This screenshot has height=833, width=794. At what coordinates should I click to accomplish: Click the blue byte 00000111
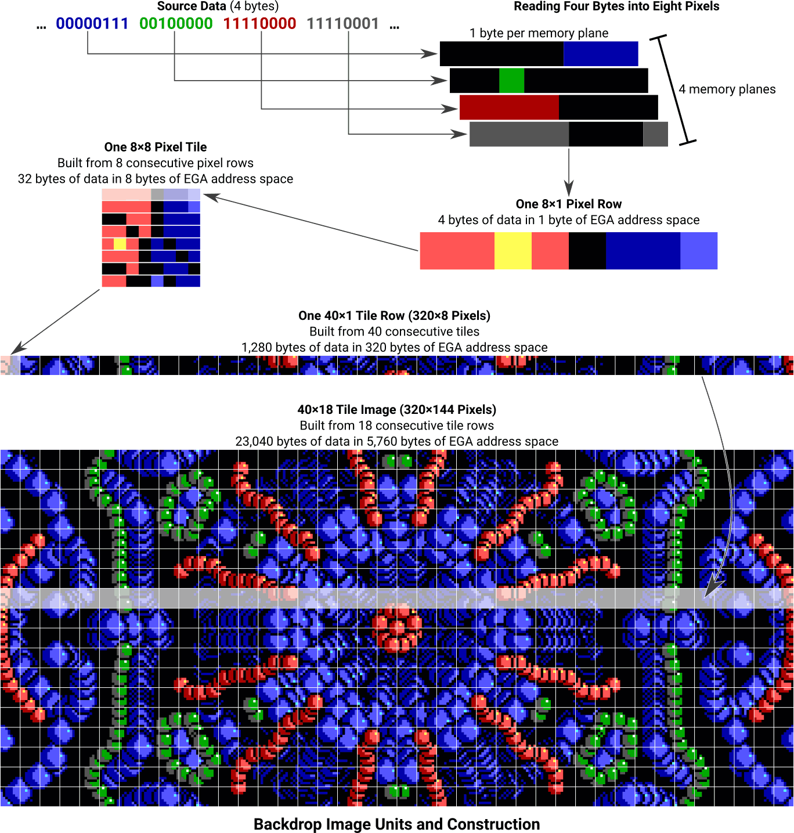click(92, 24)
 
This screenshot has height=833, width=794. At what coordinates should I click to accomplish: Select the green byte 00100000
click(176, 24)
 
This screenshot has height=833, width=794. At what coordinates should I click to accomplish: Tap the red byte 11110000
click(259, 24)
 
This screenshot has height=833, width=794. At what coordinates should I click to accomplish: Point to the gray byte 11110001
click(343, 24)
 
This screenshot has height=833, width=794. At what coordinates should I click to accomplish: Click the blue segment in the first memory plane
click(601, 54)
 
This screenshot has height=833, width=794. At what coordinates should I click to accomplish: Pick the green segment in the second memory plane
click(511, 81)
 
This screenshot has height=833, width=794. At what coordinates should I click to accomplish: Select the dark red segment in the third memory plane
click(509, 107)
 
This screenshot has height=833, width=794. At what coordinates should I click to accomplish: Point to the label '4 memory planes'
click(727, 89)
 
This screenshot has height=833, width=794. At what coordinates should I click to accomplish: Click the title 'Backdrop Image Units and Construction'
click(397, 824)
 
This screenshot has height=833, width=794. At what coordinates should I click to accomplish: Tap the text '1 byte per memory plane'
click(539, 33)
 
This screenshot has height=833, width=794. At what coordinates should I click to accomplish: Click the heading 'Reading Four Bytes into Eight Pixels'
click(616, 6)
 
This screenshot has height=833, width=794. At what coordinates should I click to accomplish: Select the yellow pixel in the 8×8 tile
click(120, 244)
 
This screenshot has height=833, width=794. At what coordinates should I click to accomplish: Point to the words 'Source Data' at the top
click(192, 6)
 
